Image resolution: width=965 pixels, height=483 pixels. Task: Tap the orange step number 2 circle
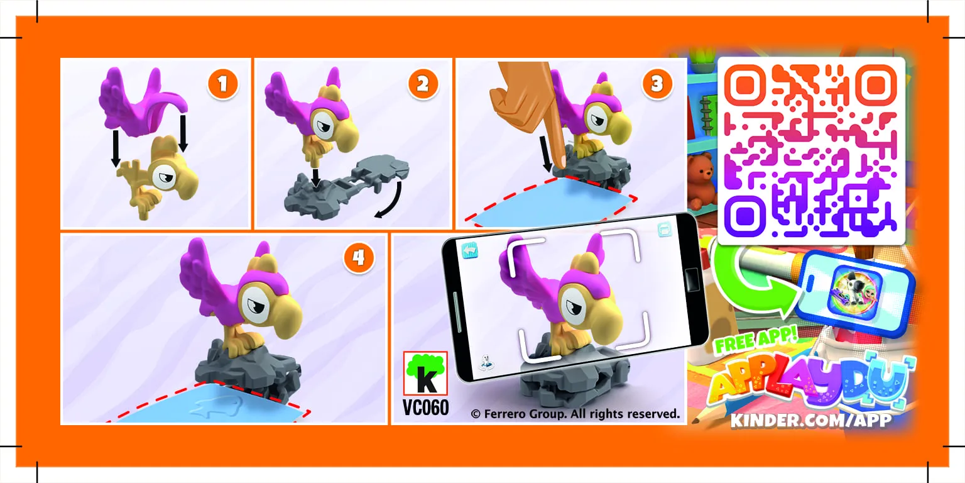pos(423,84)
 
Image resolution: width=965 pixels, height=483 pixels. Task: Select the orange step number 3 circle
pos(657,84)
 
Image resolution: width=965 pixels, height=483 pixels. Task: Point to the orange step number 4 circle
pos(358,258)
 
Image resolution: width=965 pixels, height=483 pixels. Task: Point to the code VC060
pos(425,408)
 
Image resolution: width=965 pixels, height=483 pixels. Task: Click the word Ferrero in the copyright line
pos(508,414)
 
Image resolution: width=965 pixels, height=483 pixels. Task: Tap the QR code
pos(811,151)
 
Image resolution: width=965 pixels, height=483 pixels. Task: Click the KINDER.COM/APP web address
pos(810,419)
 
